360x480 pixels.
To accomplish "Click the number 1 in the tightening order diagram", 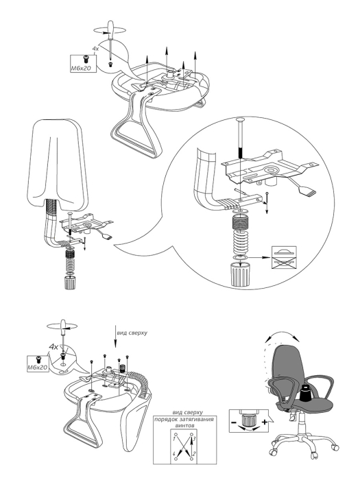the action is click(x=174, y=439).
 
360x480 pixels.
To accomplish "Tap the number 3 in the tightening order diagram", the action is click(x=194, y=439).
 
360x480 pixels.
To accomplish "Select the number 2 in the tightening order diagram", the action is click(x=194, y=453).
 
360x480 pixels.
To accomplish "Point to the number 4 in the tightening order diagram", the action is click(x=174, y=453).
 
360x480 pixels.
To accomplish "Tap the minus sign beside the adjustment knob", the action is click(x=234, y=423).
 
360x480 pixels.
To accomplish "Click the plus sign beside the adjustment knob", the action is click(x=265, y=422).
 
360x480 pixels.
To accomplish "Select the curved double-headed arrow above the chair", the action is click(x=282, y=333).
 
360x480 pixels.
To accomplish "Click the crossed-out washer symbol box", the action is click(x=284, y=258).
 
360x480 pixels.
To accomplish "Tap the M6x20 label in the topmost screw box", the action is click(x=81, y=68).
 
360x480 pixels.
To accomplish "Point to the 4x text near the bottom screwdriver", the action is click(x=54, y=347).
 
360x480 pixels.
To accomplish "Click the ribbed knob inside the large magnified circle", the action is click(x=240, y=275).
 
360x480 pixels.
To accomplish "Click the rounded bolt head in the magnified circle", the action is click(x=240, y=120).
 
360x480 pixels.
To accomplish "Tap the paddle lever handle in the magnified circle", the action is click(x=307, y=191).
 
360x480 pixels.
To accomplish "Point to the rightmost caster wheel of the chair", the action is click(x=336, y=448).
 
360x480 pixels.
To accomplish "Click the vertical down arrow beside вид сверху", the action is click(x=115, y=339).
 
